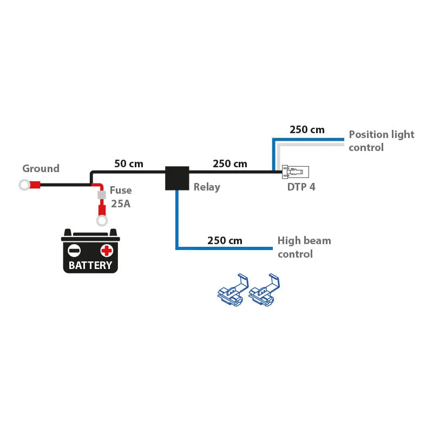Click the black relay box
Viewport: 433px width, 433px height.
click(x=176, y=178)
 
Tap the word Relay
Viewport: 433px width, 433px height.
click(x=207, y=187)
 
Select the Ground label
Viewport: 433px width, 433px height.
click(x=41, y=168)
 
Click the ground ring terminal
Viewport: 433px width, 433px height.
click(x=24, y=185)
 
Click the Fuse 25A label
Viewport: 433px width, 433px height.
click(x=120, y=196)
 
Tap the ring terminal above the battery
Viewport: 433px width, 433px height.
click(x=101, y=220)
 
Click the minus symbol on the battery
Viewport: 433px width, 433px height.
click(x=74, y=250)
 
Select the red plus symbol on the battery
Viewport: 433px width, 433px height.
click(x=107, y=250)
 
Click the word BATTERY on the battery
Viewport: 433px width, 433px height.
click(x=90, y=266)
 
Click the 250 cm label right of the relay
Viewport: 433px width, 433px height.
click(x=229, y=163)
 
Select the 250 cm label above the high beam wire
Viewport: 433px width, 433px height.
click(x=225, y=240)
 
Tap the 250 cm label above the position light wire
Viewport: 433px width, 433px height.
click(x=307, y=129)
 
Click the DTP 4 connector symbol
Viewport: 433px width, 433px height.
click(x=295, y=173)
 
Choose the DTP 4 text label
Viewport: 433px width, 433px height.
click(x=301, y=187)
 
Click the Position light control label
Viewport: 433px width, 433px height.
click(x=381, y=141)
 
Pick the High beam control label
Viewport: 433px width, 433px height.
click(x=304, y=247)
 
